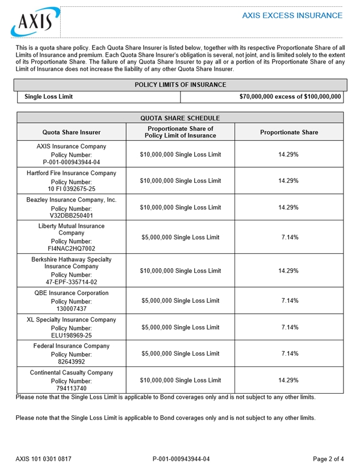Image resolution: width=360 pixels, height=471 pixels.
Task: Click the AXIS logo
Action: coord(32,22)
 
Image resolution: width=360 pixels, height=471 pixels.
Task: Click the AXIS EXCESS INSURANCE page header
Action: coord(292,15)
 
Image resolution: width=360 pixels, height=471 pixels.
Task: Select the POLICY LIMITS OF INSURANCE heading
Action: coord(180,85)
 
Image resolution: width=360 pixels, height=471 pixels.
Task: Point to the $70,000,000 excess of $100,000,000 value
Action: coord(290,97)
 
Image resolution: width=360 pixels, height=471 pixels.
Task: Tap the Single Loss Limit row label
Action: coord(48,97)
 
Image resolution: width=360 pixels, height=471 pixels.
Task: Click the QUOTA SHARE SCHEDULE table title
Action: coord(180,118)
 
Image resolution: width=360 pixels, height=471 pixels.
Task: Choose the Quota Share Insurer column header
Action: coord(72,132)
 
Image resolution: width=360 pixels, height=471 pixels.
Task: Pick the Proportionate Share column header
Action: coord(288,132)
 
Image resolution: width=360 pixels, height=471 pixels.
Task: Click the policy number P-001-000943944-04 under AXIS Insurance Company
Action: coord(72,162)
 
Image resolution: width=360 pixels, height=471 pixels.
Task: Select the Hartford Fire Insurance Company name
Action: coord(72,173)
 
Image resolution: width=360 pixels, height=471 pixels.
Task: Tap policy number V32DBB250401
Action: coord(72,216)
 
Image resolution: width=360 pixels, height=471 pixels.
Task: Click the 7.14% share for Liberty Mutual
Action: coord(290,237)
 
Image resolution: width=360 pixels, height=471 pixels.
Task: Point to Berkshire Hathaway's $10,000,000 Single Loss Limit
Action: coord(180,270)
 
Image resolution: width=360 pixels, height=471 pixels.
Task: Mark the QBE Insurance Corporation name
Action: coord(72,293)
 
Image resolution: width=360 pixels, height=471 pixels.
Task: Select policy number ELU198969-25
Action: coord(72,335)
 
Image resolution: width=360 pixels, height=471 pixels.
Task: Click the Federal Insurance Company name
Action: coord(72,345)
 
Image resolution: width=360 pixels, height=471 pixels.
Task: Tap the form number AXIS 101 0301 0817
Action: coord(43,459)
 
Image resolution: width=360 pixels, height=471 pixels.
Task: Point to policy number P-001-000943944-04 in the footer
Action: coord(181,459)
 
